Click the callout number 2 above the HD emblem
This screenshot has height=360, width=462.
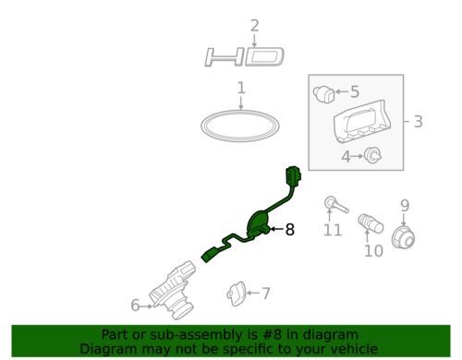click(x=254, y=26)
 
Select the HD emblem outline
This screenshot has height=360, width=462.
click(x=244, y=57)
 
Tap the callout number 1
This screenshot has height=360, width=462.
click(x=241, y=88)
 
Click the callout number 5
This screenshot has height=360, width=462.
click(x=355, y=91)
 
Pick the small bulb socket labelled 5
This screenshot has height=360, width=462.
click(x=323, y=94)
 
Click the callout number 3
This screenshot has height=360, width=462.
click(x=418, y=121)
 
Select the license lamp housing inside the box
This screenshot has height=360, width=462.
click(x=362, y=122)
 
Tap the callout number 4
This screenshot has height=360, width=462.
click(x=346, y=157)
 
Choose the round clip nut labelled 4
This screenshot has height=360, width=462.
click(x=372, y=155)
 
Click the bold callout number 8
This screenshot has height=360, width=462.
click(x=290, y=229)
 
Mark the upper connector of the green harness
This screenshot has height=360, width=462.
click(x=293, y=177)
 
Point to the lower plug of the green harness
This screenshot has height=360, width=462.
click(x=210, y=255)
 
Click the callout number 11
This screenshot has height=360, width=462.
click(x=333, y=230)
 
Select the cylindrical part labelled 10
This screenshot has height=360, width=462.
click(x=371, y=223)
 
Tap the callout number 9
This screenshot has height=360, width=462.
click(x=405, y=206)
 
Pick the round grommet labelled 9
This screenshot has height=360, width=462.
click(x=403, y=237)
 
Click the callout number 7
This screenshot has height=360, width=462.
click(x=266, y=294)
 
